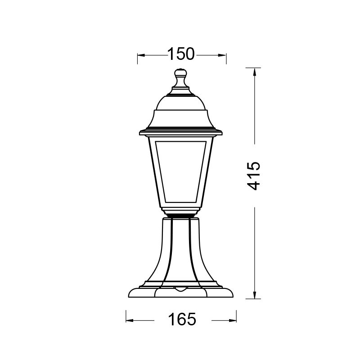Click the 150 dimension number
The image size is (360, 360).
click(x=181, y=54)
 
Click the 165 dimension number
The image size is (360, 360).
click(x=182, y=320)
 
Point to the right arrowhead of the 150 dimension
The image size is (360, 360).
click(x=223, y=55)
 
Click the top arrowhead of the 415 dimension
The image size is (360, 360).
click(x=255, y=71)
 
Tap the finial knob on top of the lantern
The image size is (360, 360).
click(x=181, y=73)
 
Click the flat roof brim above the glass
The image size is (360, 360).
click(x=181, y=132)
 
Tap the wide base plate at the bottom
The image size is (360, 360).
click(x=181, y=292)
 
